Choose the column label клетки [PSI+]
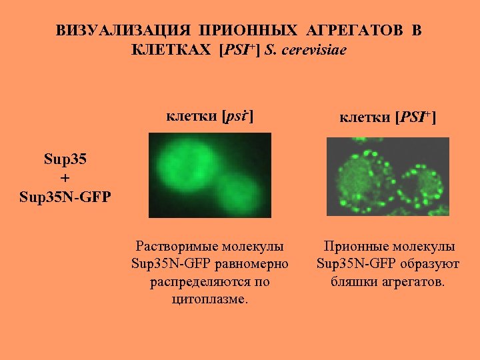tap(387, 118)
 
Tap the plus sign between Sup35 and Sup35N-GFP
tap(65, 179)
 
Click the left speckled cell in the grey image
tap(365, 177)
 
